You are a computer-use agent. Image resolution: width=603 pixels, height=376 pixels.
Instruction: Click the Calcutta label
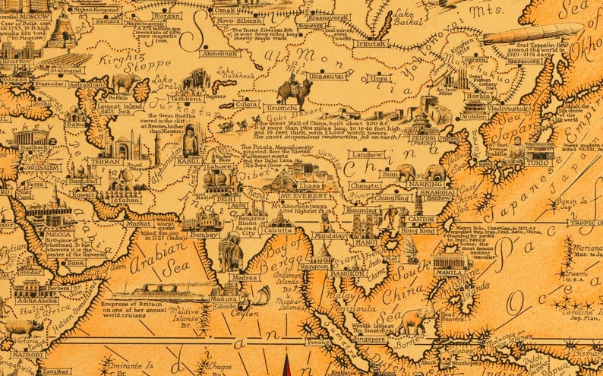point(279,232)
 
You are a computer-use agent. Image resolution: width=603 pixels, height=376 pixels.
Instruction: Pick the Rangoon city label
point(314,266)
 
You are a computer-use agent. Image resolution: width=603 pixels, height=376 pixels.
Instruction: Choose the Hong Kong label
point(418,230)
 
